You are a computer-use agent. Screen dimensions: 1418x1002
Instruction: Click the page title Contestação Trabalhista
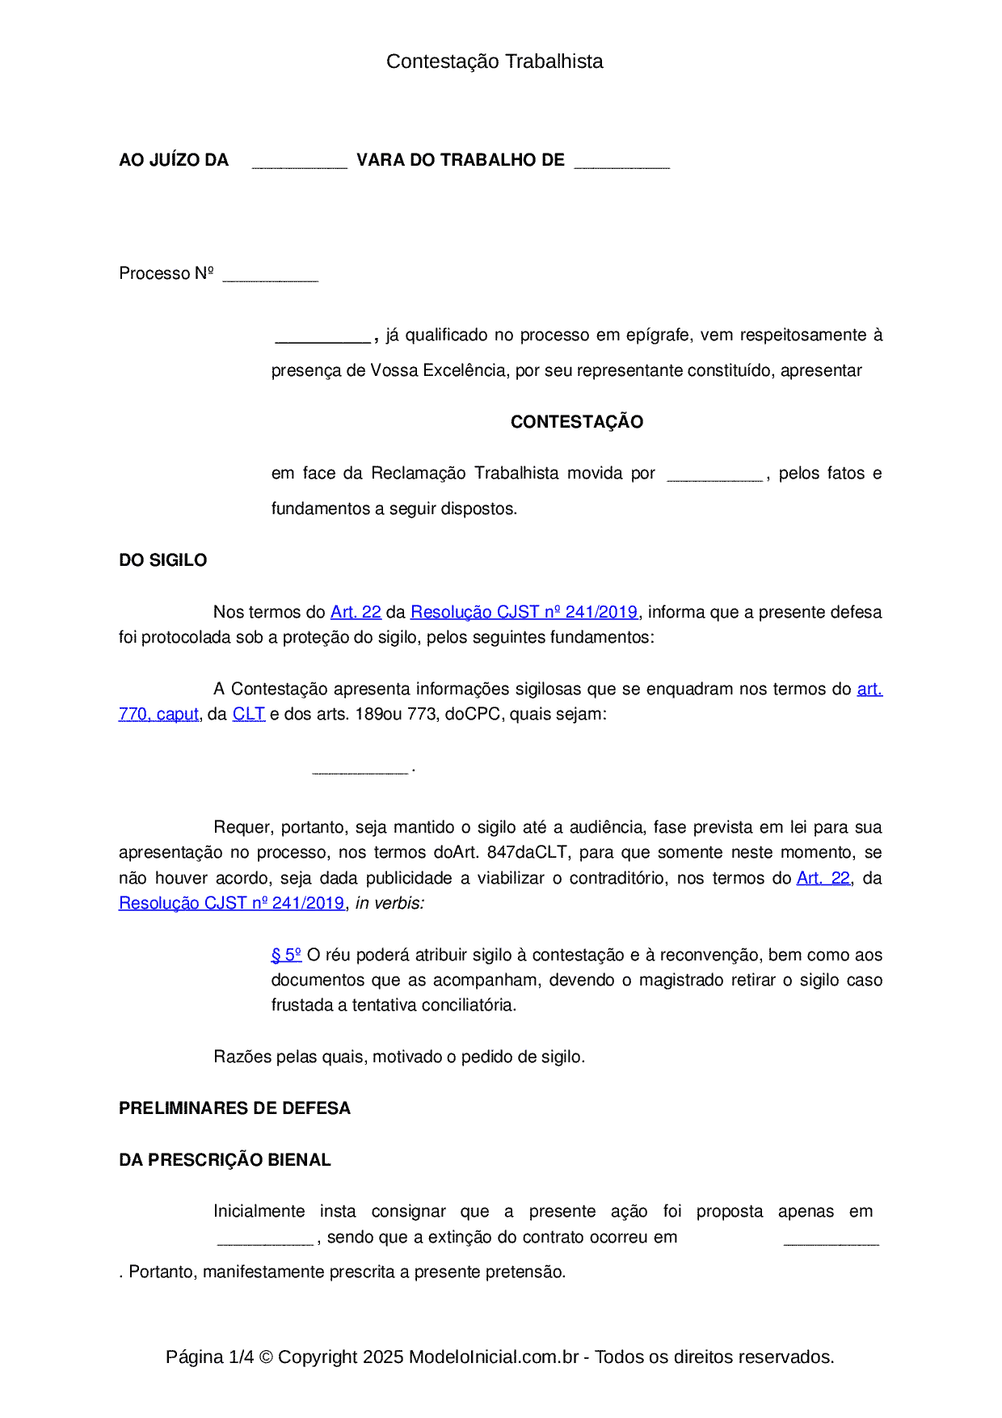(x=495, y=61)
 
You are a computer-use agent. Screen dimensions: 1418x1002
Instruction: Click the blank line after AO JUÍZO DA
(x=299, y=162)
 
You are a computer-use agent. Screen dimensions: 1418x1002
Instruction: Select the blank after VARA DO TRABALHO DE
(x=621, y=162)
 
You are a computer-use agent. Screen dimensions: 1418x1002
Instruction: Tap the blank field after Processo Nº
(x=270, y=276)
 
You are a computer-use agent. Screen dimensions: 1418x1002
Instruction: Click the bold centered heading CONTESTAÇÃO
(x=577, y=422)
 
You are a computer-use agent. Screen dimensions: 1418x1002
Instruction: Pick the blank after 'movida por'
(x=714, y=475)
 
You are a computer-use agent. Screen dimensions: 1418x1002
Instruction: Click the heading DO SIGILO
(x=163, y=560)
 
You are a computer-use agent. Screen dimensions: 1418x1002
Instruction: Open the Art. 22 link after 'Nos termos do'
(x=356, y=612)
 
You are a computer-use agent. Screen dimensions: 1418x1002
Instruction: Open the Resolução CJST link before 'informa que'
(x=524, y=612)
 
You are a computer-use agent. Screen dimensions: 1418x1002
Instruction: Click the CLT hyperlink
(x=249, y=714)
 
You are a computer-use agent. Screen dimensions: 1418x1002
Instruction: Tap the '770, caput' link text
(x=158, y=714)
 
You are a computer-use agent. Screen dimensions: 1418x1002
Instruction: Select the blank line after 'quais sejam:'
(x=360, y=768)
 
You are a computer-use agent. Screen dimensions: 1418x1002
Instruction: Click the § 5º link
(x=286, y=955)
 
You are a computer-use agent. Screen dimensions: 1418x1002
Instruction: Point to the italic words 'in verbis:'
(x=389, y=903)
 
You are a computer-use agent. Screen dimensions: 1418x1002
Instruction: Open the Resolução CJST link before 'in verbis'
(x=231, y=903)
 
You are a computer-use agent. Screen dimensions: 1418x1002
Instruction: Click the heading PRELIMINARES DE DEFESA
(x=234, y=1108)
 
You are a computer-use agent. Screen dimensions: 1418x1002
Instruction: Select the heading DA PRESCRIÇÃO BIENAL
(x=225, y=1160)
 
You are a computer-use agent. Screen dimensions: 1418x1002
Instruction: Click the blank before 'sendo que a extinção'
(x=265, y=1239)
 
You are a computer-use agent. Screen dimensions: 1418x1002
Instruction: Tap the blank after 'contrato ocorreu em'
(x=831, y=1239)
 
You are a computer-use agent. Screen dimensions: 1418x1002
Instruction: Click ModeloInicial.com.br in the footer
(x=493, y=1357)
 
